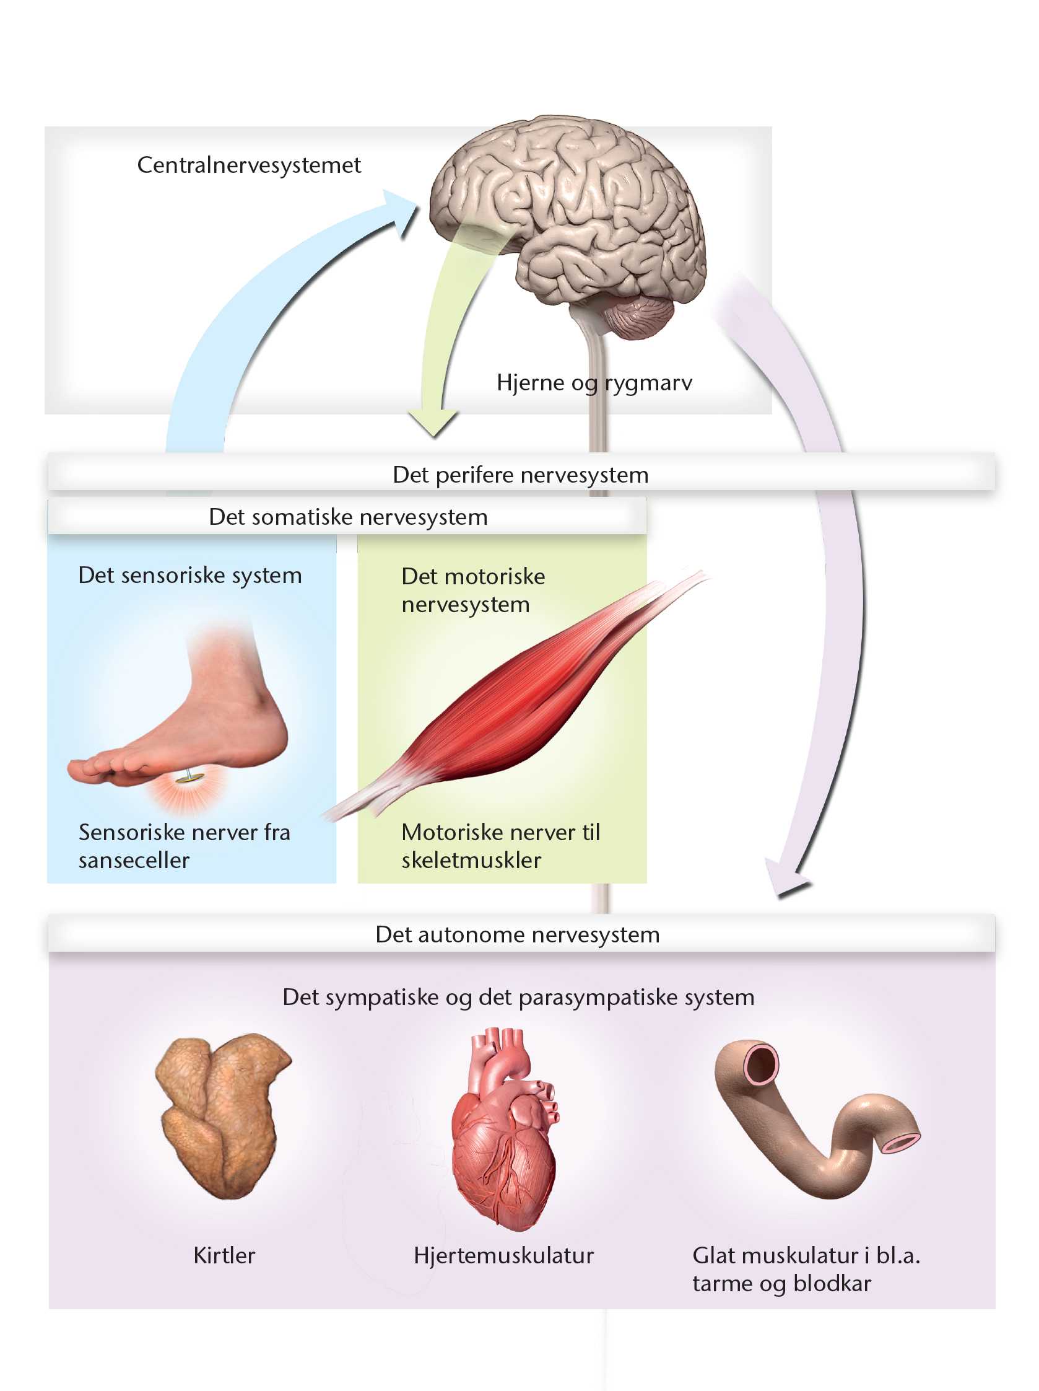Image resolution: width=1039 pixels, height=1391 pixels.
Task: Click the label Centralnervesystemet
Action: (x=249, y=165)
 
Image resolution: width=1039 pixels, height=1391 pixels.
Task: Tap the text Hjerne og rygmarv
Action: (x=594, y=383)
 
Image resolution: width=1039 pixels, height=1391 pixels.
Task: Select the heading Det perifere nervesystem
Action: (x=521, y=475)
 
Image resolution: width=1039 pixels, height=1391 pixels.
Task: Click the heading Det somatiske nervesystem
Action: (x=348, y=517)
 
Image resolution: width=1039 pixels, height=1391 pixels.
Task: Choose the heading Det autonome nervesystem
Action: (x=517, y=934)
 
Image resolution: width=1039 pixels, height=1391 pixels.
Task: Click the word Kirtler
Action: (x=224, y=1255)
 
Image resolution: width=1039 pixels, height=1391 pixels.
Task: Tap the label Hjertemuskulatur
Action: (x=503, y=1255)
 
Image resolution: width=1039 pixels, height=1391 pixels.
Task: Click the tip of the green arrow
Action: (x=432, y=436)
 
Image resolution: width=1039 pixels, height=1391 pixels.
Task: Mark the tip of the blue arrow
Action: (x=417, y=203)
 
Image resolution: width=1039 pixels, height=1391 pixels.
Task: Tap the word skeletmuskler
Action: (x=471, y=860)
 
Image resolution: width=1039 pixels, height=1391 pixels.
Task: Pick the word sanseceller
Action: (x=134, y=860)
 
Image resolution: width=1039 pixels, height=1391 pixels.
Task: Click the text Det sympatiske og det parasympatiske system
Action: (x=518, y=998)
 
